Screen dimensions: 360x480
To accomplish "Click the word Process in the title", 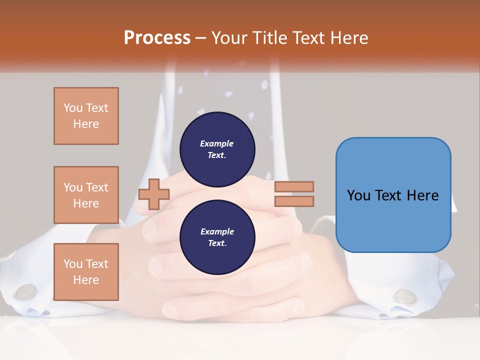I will (157, 38).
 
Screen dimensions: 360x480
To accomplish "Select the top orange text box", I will (86, 116).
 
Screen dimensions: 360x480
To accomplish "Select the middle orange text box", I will (86, 195).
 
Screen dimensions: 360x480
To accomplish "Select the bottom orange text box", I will (86, 272).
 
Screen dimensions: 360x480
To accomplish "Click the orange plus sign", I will (154, 194).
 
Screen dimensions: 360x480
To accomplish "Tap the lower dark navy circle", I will (217, 237).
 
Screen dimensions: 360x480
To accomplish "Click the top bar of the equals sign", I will (294, 186).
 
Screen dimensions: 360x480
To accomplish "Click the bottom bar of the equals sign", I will (294, 201).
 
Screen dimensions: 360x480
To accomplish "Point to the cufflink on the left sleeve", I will (26, 291).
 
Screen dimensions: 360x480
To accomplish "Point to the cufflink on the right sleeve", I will (404, 296).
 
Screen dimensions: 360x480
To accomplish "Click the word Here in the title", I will (348, 38).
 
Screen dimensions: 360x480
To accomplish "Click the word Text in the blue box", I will (389, 195).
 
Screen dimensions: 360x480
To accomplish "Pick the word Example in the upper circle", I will (216, 143).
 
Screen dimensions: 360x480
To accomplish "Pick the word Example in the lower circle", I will (217, 231).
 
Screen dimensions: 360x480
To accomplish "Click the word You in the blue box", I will (359, 195).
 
